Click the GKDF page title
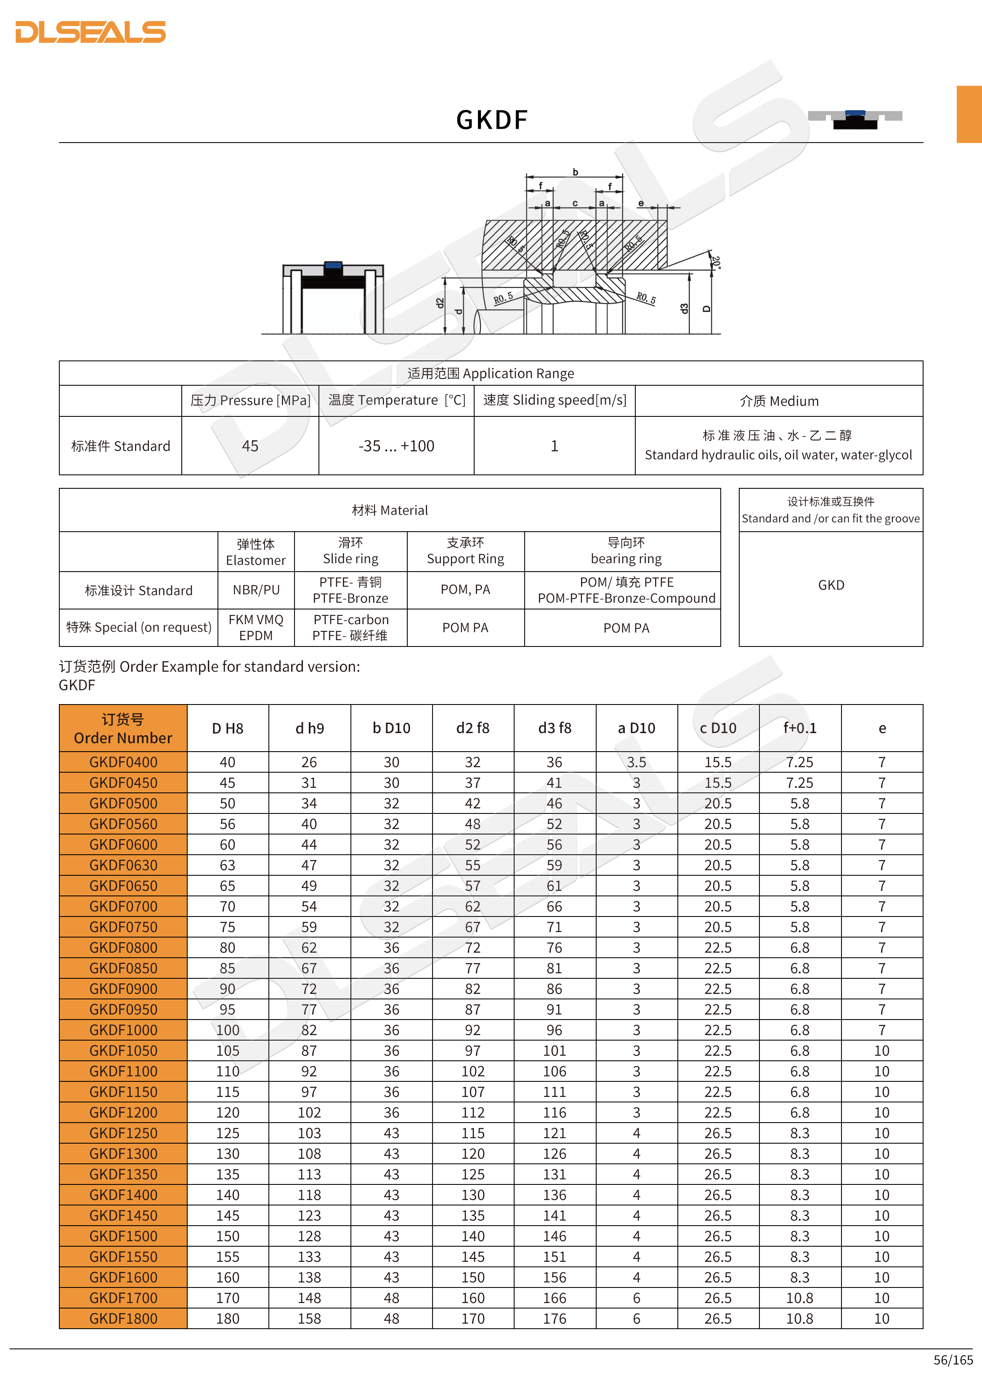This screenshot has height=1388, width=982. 491,120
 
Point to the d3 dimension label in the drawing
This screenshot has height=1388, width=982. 684,308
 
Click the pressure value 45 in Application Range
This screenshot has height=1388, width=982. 250,446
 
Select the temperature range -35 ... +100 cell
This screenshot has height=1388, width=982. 396,446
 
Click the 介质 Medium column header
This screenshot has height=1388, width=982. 779,401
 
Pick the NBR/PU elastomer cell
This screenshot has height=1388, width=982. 256,590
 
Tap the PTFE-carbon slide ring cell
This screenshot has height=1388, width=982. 351,628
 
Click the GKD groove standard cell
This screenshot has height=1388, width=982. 831,585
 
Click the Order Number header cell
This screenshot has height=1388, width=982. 123,728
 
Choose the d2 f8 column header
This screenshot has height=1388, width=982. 473,728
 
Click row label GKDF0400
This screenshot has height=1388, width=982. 123,762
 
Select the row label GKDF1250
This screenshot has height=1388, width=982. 123,1134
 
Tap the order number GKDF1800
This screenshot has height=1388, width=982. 123,1319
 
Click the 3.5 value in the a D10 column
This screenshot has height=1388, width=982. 636,762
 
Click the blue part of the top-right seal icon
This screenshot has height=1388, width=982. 855,113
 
